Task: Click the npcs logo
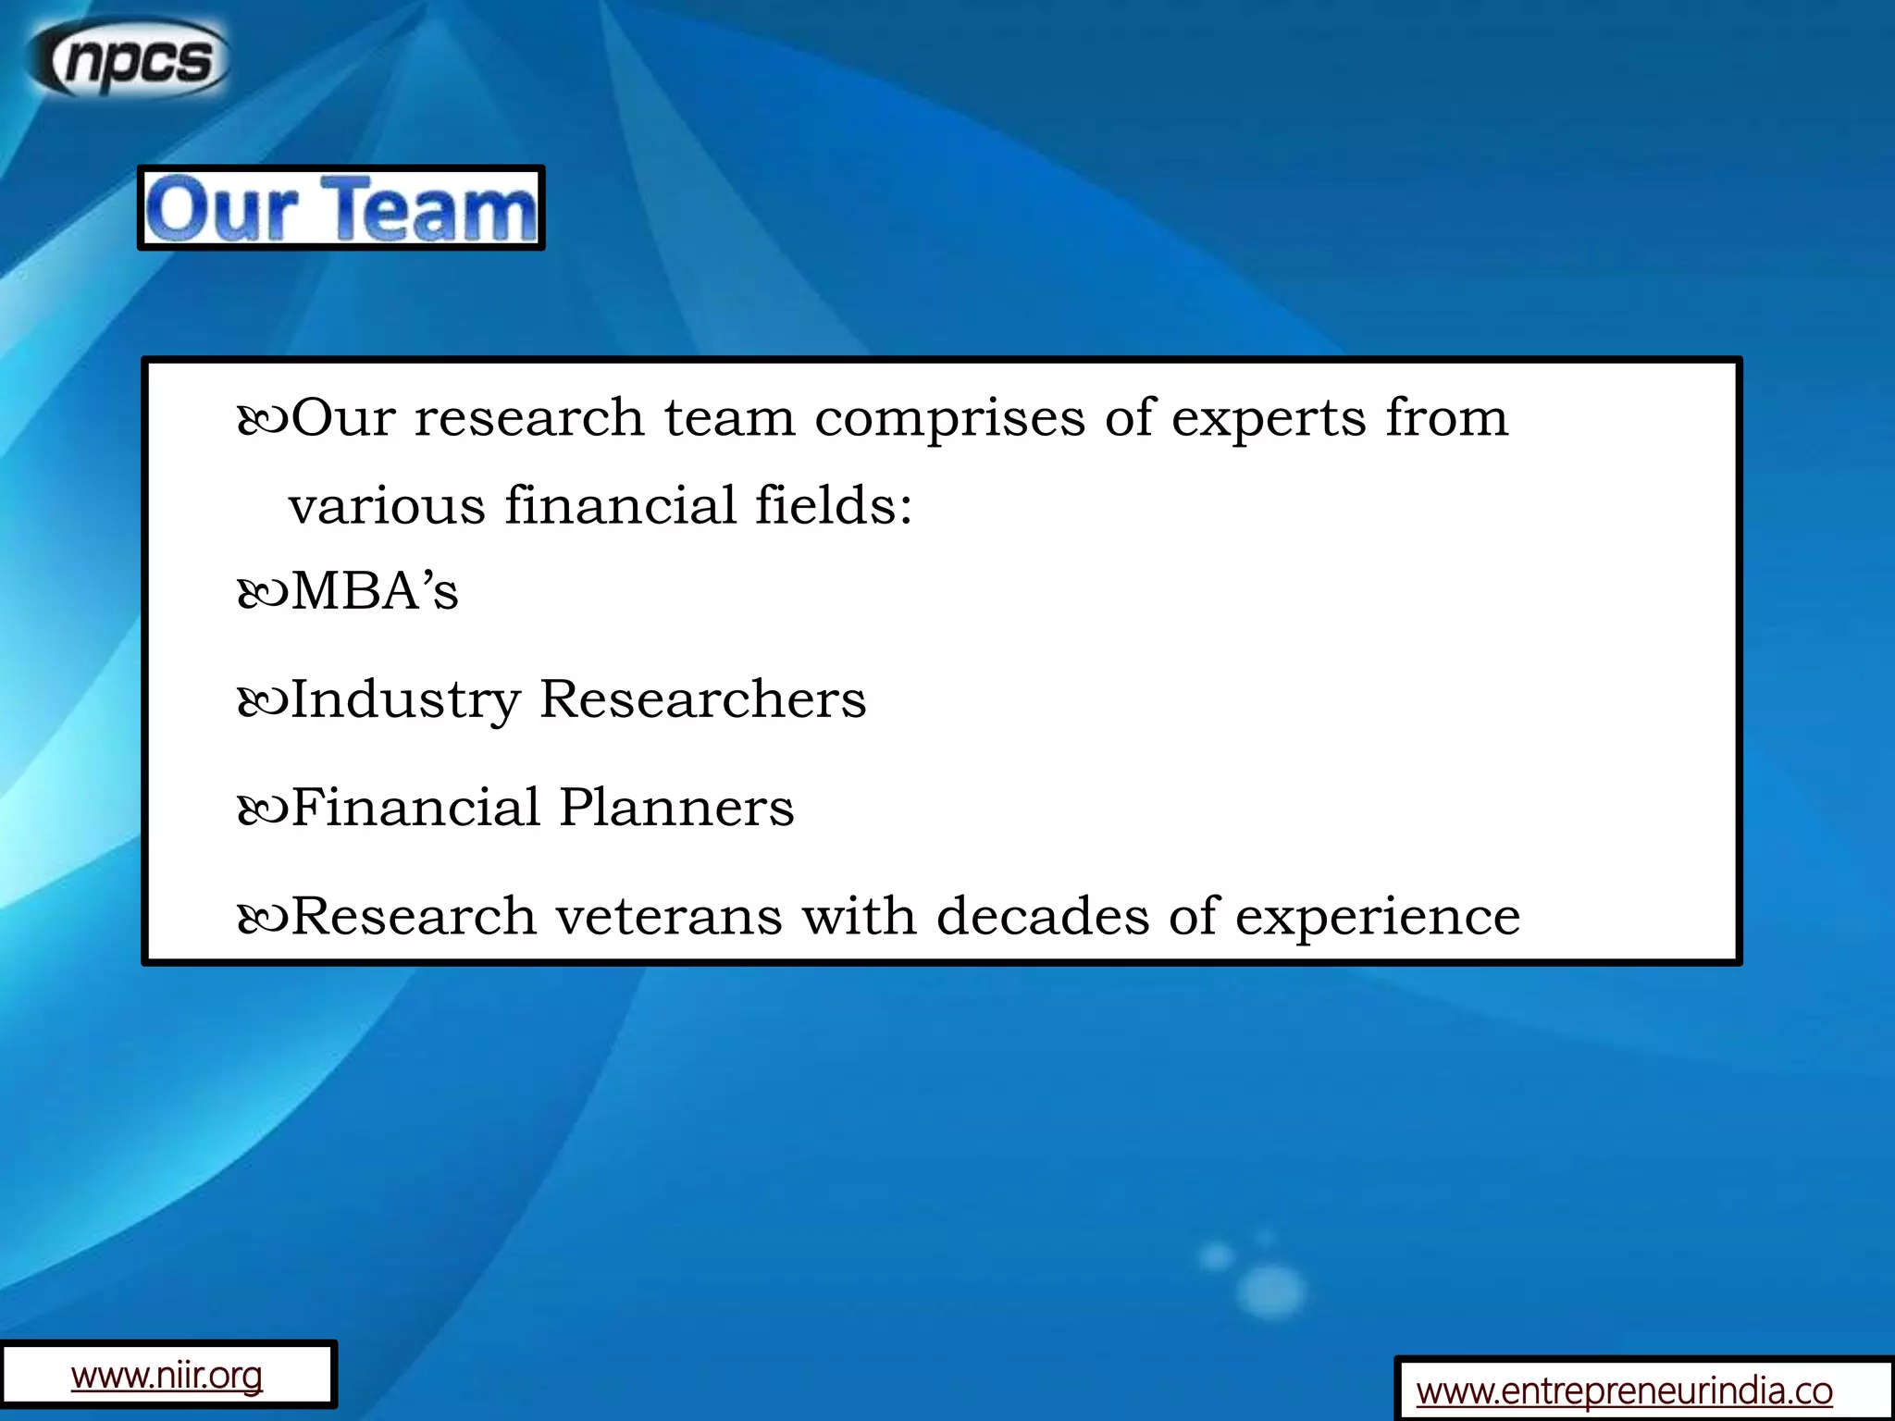[x=130, y=59]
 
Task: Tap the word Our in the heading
[x=222, y=209]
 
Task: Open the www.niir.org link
[x=167, y=1376]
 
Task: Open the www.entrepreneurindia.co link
[x=1624, y=1390]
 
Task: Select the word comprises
[x=949, y=418]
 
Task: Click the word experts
[x=1269, y=418]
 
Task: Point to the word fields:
[x=834, y=506]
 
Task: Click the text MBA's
[x=375, y=591]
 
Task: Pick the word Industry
[x=405, y=700]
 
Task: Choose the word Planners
[x=676, y=808]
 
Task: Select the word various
[x=387, y=506]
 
